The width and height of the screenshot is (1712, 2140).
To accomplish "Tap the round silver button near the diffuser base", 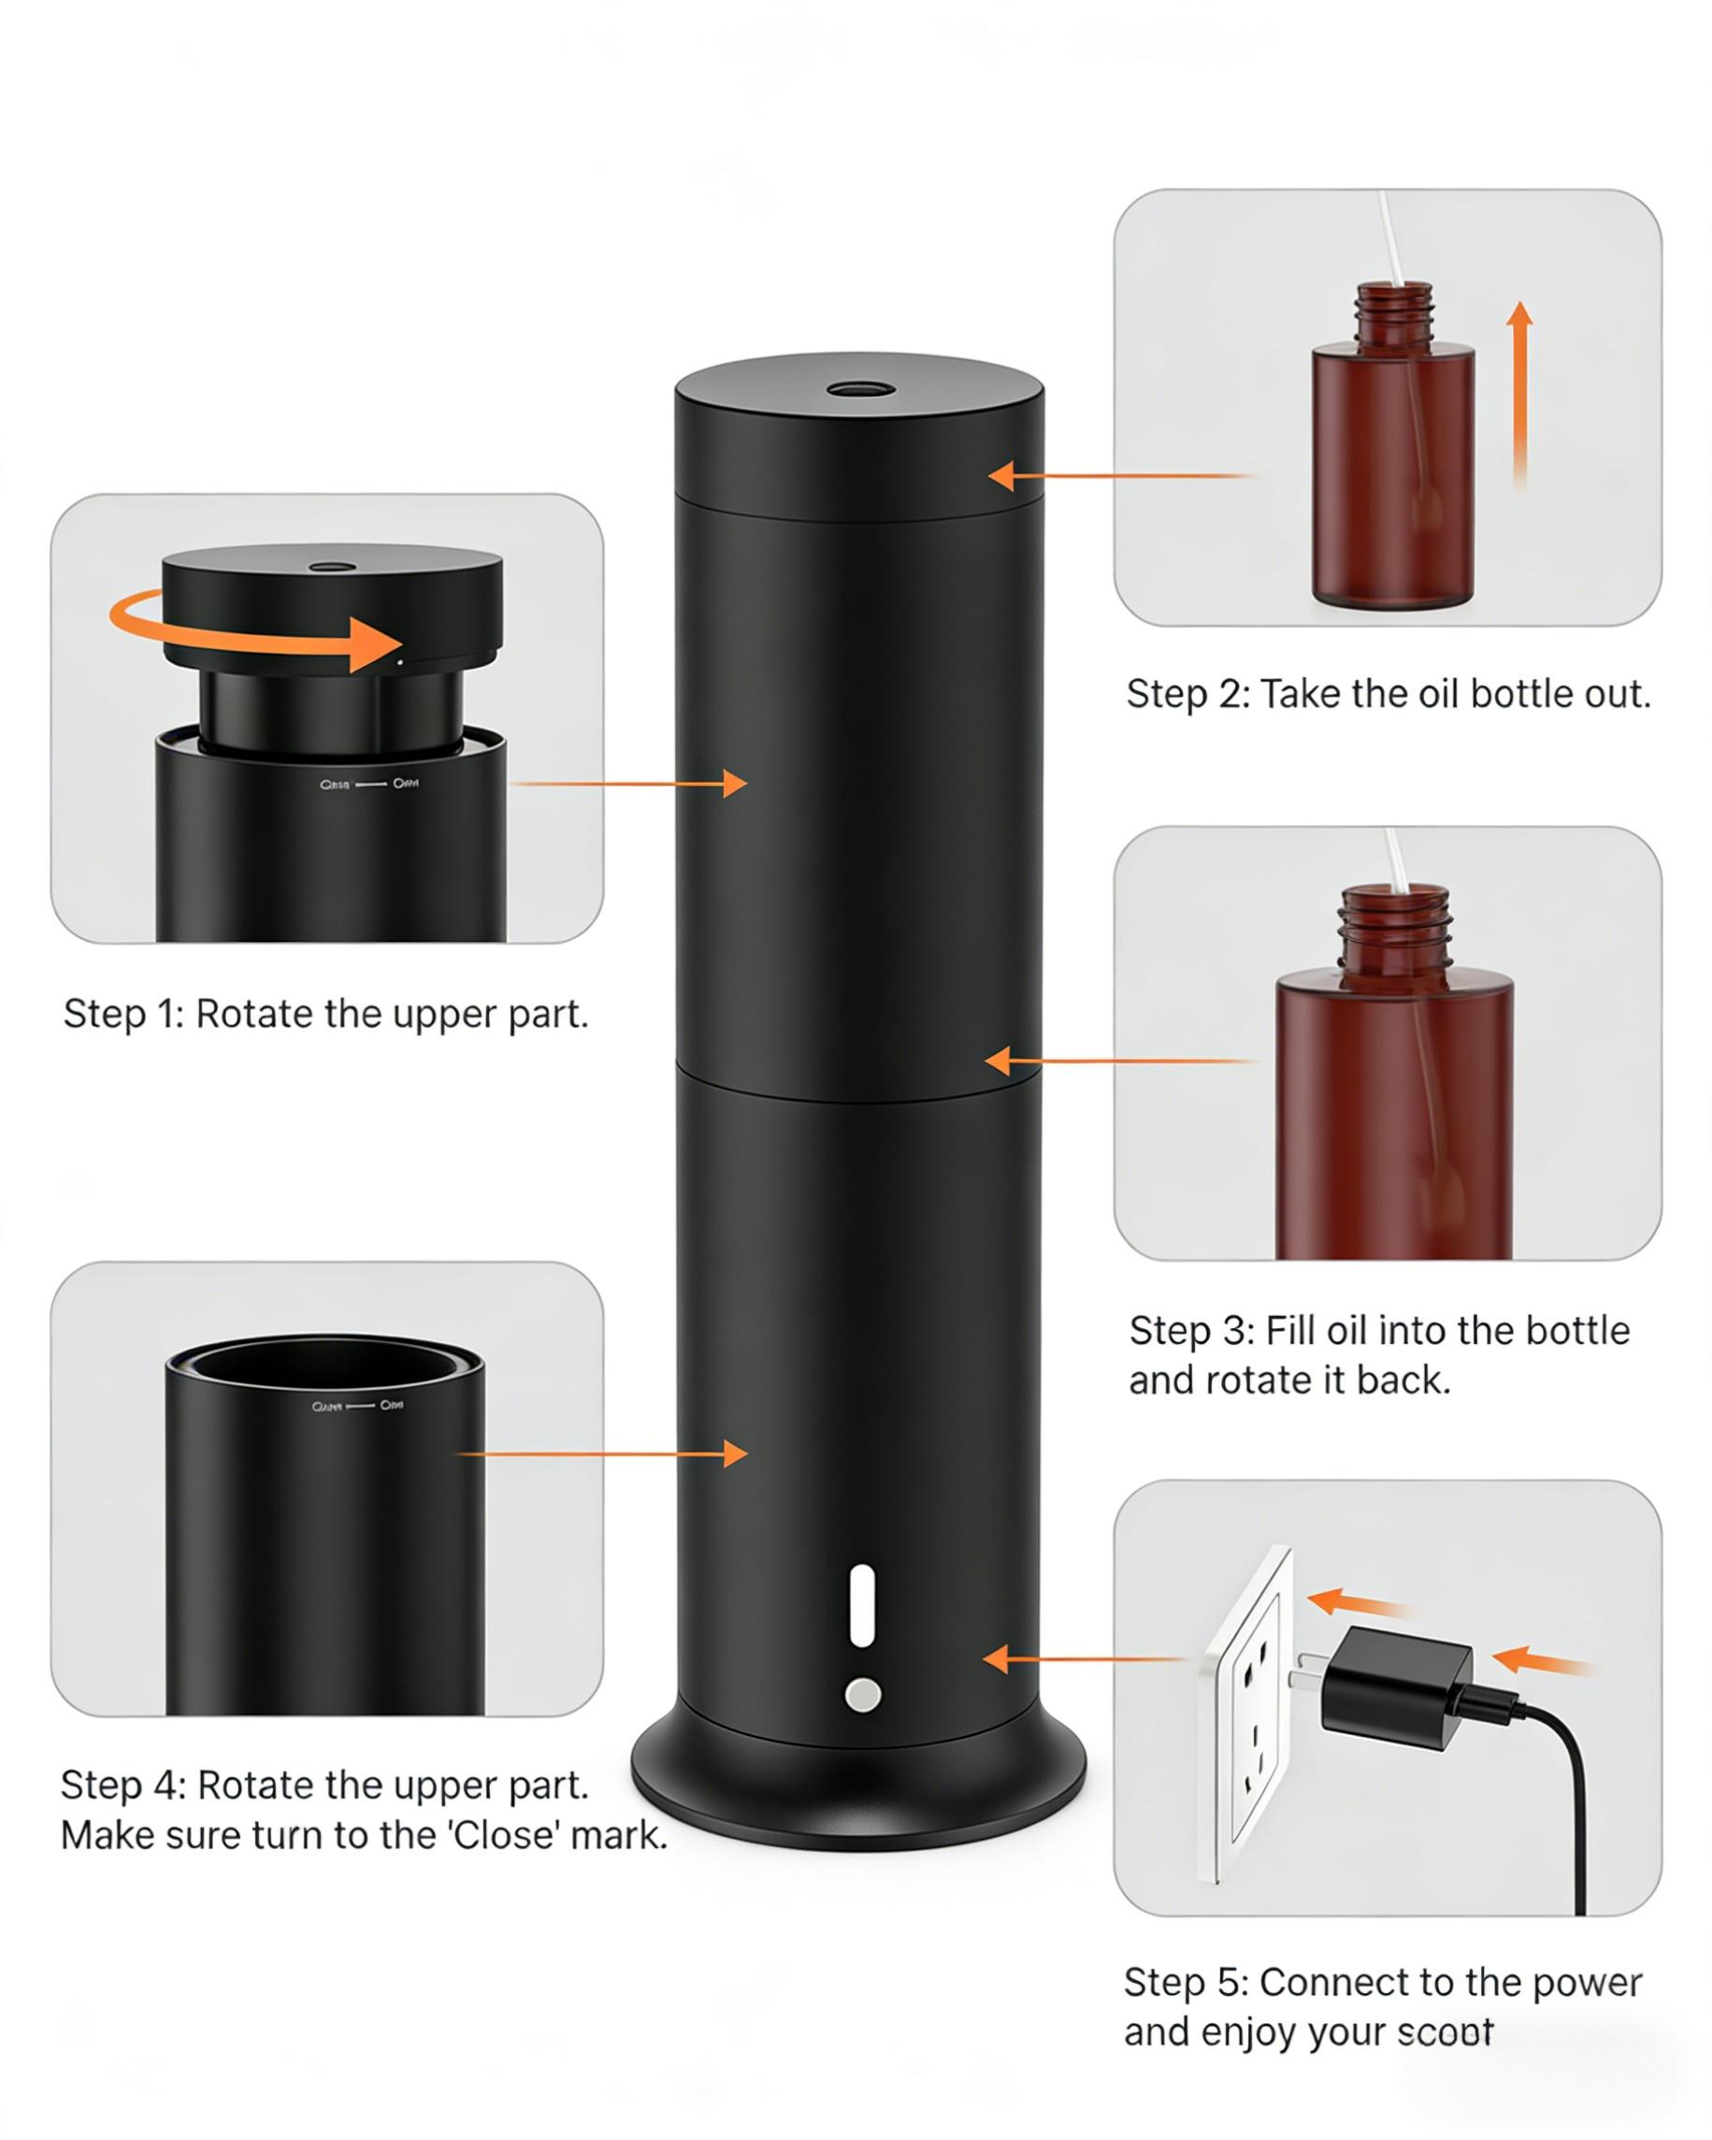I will point(862,1695).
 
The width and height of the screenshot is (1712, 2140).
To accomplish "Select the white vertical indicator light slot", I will point(862,1605).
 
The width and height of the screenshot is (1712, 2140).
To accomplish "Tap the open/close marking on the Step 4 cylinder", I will point(357,1406).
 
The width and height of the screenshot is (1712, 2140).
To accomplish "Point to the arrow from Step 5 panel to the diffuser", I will point(1082,1658).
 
